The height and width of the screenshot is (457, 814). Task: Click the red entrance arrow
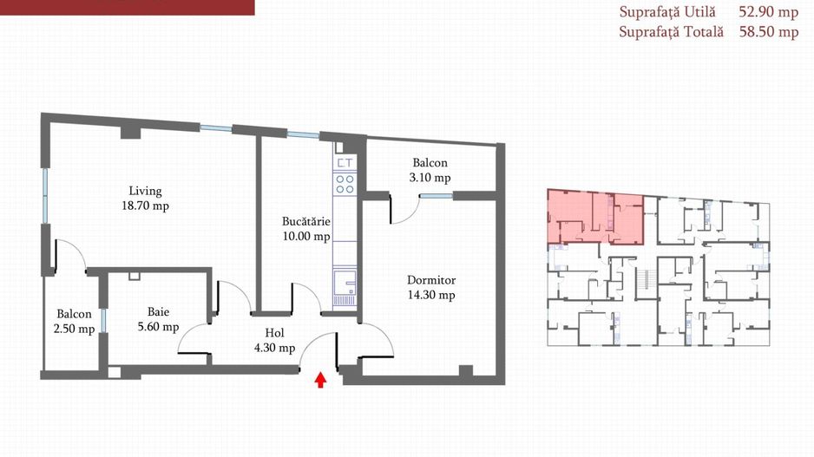(321, 380)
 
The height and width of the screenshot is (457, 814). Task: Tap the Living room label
(146, 192)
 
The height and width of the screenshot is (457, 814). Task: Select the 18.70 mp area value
(146, 206)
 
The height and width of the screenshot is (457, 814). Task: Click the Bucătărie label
(306, 221)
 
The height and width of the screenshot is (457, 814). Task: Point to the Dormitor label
(431, 280)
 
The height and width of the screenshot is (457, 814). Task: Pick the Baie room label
(158, 312)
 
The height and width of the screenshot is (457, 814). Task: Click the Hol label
(274, 333)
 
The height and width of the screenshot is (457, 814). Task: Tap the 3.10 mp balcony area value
(430, 178)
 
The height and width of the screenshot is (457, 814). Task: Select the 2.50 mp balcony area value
(75, 330)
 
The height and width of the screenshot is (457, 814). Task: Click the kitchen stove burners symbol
(345, 184)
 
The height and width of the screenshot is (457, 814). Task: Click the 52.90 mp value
(768, 12)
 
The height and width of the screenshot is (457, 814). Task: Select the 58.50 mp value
(768, 31)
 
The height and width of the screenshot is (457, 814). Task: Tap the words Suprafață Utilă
(667, 12)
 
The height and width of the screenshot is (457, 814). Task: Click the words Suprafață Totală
(671, 31)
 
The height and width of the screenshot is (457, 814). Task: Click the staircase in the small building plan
(646, 284)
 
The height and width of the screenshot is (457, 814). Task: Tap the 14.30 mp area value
(431, 295)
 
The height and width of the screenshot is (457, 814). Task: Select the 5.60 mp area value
(158, 327)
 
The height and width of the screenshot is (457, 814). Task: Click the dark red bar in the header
(128, 7)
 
